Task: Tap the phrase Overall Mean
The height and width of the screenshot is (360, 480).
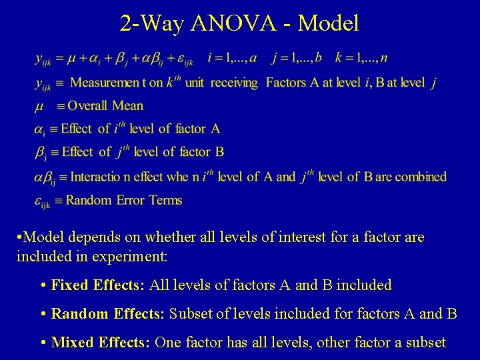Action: [105, 105]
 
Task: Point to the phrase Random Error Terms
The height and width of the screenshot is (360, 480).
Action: [124, 199]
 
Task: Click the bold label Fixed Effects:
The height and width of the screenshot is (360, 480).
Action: [98, 285]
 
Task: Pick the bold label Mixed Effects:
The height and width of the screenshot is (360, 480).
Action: [100, 342]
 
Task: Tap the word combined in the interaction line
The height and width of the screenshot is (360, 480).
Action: [420, 177]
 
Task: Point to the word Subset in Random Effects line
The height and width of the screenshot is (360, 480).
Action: [192, 313]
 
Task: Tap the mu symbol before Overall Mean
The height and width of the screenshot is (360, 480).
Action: [40, 106]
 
